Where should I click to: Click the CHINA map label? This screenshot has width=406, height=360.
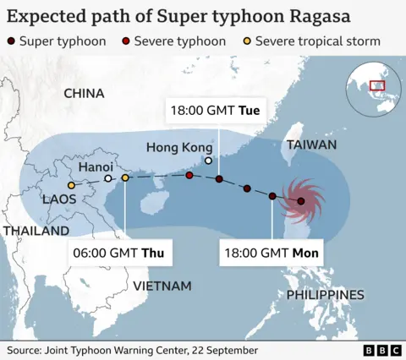point(84,93)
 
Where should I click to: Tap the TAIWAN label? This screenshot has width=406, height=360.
point(311,145)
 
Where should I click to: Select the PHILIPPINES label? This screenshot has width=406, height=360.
point(325,295)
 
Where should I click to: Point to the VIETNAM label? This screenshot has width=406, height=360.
point(162,286)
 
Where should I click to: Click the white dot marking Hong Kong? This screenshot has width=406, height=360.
point(208,160)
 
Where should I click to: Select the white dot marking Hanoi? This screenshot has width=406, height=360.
point(108,178)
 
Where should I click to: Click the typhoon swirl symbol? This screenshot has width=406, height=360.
point(300,200)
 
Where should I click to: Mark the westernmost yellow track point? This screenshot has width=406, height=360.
point(72,186)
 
